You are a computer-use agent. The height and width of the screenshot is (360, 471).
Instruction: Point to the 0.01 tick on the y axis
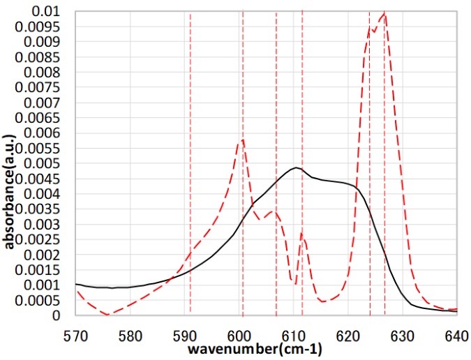click(x=52, y=12)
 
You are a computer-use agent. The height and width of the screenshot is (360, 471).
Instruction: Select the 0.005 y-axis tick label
click(x=48, y=163)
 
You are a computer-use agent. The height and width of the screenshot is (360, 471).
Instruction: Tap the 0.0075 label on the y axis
click(x=45, y=88)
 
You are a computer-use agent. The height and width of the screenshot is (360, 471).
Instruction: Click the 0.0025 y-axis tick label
click(x=45, y=239)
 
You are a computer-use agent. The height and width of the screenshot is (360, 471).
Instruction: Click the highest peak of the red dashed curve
click(x=384, y=13)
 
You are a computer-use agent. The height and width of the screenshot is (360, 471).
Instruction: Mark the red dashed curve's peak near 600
click(x=242, y=140)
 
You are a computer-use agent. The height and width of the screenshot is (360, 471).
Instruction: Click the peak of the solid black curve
click(x=296, y=167)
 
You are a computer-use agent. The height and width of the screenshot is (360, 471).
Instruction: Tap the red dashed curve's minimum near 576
click(x=107, y=315)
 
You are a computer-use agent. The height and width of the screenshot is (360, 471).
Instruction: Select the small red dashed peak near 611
click(x=302, y=232)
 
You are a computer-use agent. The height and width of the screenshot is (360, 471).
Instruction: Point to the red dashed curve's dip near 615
click(x=323, y=301)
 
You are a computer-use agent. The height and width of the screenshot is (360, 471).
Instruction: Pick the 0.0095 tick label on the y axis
click(x=45, y=27)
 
